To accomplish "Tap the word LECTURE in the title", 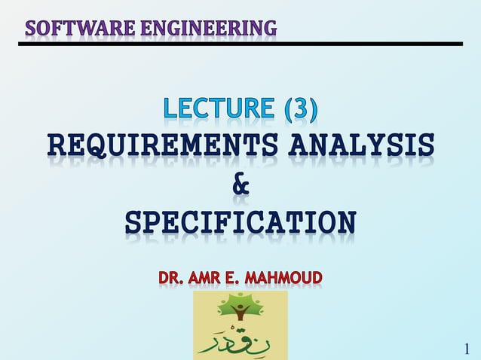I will (219, 110).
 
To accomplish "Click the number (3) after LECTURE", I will (300, 110).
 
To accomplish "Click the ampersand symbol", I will (240, 184).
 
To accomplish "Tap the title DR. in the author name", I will (170, 278).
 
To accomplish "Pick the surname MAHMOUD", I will (283, 278).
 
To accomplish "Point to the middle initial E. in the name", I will (235, 278).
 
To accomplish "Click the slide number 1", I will (467, 348).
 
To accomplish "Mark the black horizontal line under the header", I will (240, 44).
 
